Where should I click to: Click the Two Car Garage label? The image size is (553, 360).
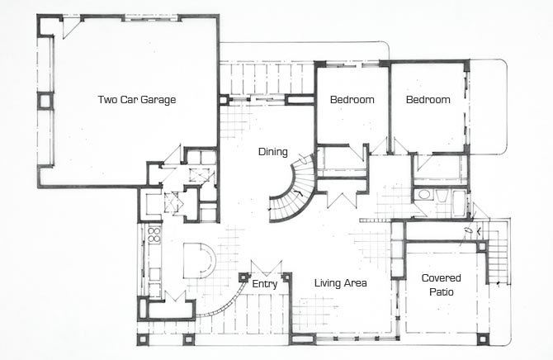coord(137,100)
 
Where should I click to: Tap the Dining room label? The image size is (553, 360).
coord(273,152)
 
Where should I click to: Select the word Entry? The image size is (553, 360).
coord(264,284)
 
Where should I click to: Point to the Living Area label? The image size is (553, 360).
coord(340,283)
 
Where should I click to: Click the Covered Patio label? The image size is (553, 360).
coord(442,285)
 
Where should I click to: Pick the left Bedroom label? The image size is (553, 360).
coord(352,100)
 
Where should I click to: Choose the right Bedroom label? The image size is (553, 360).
coord(428,100)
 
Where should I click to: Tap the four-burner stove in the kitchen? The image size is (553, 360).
coord(154,235)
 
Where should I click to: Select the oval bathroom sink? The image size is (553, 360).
coord(423,195)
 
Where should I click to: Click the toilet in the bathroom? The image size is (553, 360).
coord(442,195)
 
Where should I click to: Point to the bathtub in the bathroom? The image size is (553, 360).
coord(459,203)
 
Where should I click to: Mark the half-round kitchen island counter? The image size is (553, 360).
coord(199,260)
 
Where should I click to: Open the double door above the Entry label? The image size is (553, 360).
coord(267,268)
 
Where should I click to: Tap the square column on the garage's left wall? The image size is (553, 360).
coord(45,101)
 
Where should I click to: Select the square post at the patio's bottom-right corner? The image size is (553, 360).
coord(483,339)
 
